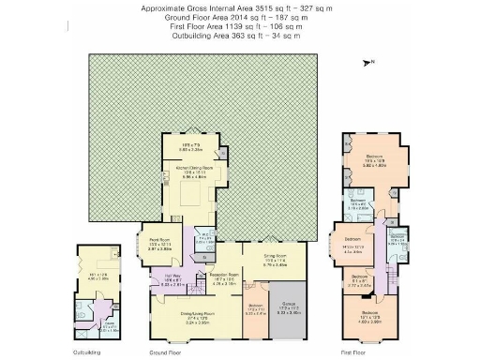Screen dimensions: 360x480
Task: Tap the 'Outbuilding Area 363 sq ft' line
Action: click(243, 35)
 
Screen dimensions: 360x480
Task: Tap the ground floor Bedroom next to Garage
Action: click(256, 310)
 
